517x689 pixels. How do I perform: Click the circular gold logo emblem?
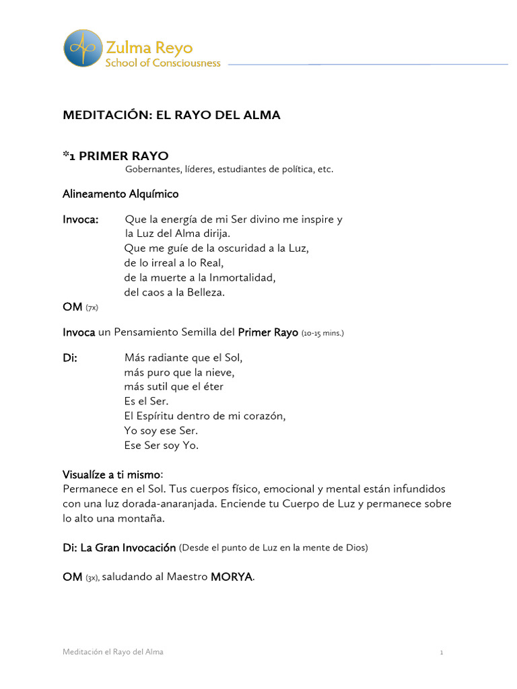(x=83, y=48)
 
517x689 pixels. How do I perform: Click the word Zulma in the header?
(x=125, y=48)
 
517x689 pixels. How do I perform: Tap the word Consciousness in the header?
(x=186, y=63)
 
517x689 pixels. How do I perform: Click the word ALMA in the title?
(x=263, y=115)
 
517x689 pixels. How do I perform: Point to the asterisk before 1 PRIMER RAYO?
(x=66, y=155)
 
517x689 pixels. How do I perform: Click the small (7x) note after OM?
(x=92, y=307)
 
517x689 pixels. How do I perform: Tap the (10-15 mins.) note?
(x=322, y=333)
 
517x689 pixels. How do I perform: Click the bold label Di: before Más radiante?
(x=70, y=358)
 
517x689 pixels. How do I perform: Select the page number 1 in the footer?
(x=441, y=653)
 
